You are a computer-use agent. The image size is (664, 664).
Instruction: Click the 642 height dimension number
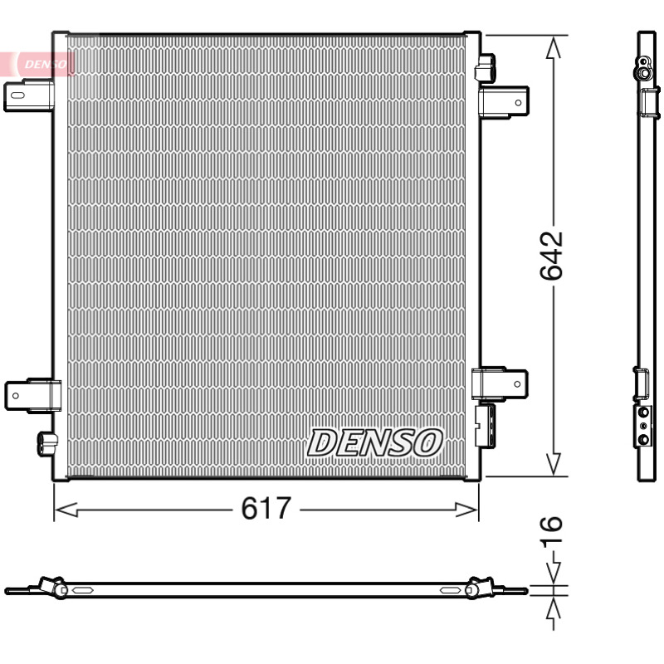click(552, 256)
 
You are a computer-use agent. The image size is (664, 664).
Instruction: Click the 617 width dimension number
click(266, 508)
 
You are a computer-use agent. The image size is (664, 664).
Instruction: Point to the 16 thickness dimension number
click(552, 530)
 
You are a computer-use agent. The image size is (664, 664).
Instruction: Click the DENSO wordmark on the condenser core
click(375, 443)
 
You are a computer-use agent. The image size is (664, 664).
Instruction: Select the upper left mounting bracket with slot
click(29, 96)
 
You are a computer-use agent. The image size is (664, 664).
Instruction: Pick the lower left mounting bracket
click(32, 396)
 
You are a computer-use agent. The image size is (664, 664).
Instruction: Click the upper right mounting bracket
click(504, 102)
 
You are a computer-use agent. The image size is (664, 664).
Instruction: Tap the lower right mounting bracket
click(500, 383)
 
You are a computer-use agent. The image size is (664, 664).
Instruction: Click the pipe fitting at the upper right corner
click(486, 67)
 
